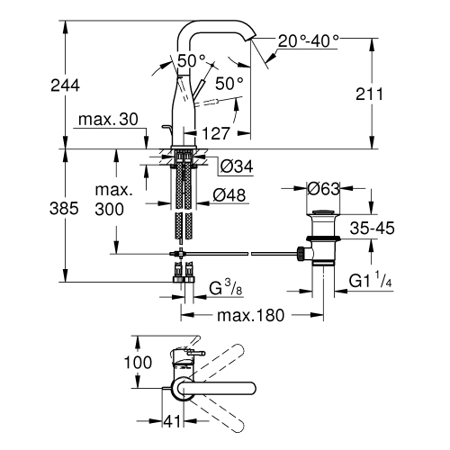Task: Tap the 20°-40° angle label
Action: click(309, 40)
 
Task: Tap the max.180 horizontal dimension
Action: click(247, 316)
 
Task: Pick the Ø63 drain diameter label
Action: click(323, 189)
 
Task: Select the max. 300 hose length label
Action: click(113, 200)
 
